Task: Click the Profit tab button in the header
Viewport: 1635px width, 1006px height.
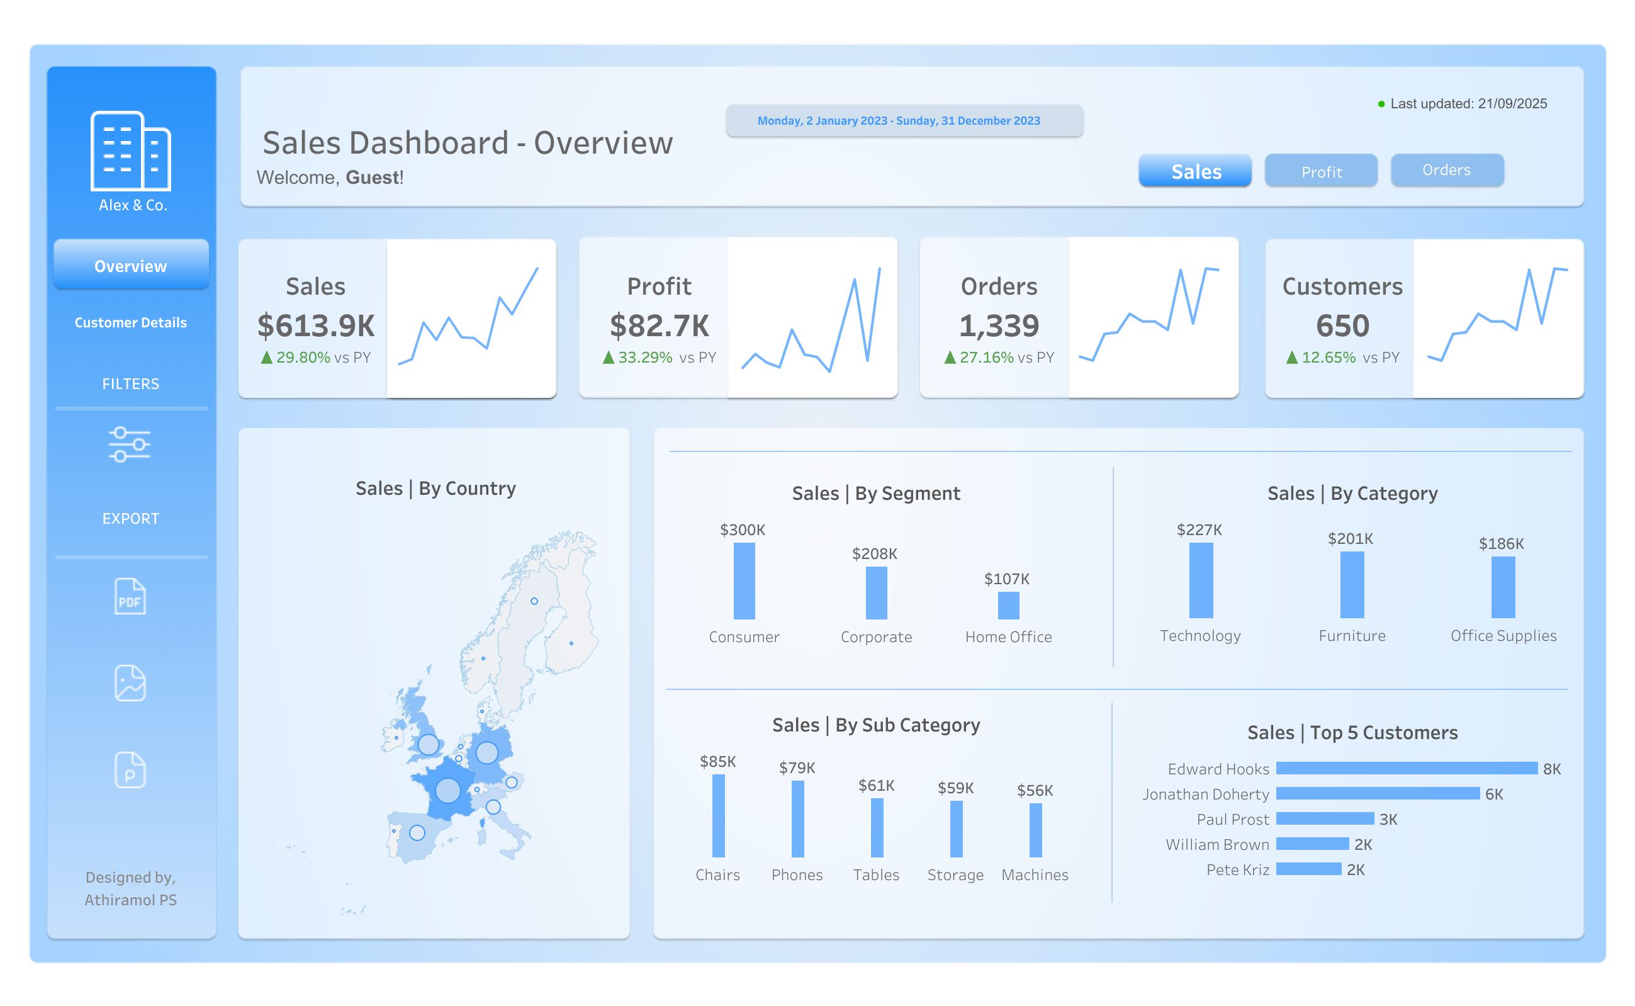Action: [1320, 172]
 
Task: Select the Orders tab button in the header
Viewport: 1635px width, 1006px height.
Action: [1446, 171]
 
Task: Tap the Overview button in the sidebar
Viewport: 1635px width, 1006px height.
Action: [131, 266]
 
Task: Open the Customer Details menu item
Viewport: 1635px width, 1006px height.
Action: [131, 323]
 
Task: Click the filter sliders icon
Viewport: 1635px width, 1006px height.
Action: [130, 444]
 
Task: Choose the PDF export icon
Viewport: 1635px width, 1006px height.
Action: [130, 596]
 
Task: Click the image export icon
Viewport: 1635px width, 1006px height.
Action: [130, 682]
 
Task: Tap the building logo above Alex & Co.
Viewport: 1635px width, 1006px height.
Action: [130, 151]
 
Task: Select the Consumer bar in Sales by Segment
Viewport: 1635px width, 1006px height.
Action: [744, 581]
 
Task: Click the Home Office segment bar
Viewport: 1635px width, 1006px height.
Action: [1008, 606]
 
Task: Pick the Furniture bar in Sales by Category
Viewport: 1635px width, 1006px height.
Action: [1352, 585]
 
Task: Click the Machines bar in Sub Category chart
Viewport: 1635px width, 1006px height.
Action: [1035, 830]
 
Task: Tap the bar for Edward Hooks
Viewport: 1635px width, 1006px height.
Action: [1405, 769]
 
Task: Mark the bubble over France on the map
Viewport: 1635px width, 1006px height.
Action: [447, 791]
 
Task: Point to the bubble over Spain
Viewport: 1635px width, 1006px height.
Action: [417, 832]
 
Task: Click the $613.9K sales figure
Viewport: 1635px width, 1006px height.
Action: [316, 326]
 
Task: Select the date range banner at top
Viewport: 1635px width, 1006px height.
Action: [903, 121]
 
